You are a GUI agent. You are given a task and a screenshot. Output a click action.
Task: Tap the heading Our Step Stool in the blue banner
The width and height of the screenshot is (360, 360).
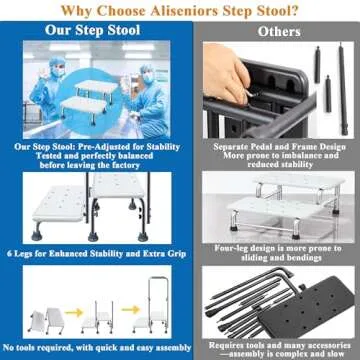pos(89,30)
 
